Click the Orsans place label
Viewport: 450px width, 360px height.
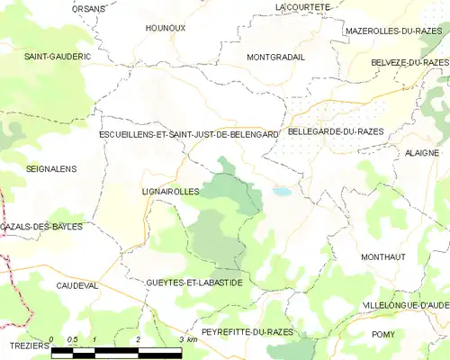click(89, 8)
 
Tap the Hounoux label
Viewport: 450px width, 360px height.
click(166, 28)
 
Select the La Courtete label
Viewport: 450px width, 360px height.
click(303, 6)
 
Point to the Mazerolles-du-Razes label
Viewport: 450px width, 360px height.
click(392, 31)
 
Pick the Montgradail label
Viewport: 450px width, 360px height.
click(275, 56)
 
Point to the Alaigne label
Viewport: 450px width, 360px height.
click(421, 154)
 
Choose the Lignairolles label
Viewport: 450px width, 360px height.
click(170, 192)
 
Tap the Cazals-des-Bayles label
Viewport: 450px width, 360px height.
click(43, 226)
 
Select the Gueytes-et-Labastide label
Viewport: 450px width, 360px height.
click(193, 283)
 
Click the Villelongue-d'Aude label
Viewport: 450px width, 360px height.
click(405, 306)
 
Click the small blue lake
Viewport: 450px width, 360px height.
click(283, 192)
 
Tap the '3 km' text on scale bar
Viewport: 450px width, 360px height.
click(188, 339)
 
